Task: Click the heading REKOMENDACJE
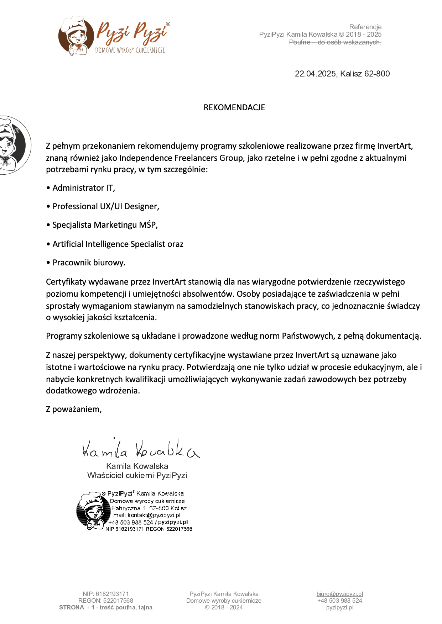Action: [x=234, y=107]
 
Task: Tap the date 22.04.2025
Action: [x=315, y=74]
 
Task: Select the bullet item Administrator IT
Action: [x=84, y=188]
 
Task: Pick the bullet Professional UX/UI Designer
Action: [x=105, y=206]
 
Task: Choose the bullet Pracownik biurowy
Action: [x=89, y=263]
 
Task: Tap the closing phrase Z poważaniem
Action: [x=74, y=409]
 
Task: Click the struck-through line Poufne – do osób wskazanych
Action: [x=335, y=42]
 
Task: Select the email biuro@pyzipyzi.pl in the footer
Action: [x=339, y=594]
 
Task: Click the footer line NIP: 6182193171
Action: [x=106, y=594]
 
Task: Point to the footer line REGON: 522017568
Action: [x=106, y=601]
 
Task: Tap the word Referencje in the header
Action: [x=365, y=27]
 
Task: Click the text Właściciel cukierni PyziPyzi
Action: [x=137, y=475]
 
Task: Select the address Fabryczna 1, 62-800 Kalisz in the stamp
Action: [x=149, y=508]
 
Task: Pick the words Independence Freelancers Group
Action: [x=181, y=158]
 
